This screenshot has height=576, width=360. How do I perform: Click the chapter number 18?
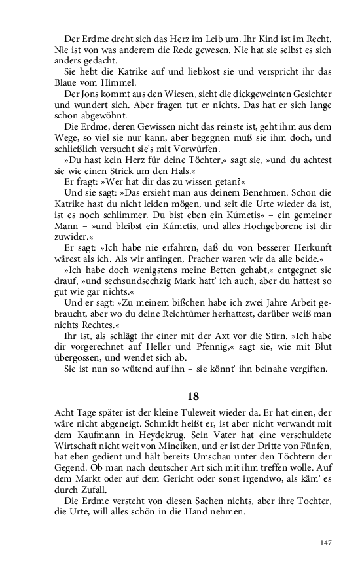coord(193,396)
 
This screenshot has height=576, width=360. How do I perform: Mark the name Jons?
coord(91,94)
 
